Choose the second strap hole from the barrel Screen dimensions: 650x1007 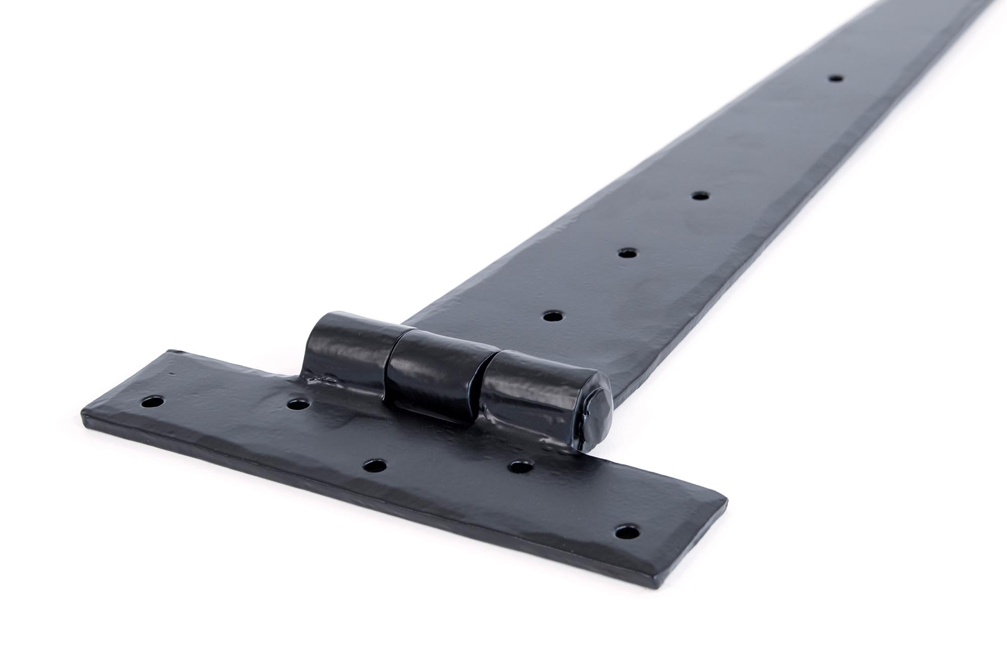(x=626, y=253)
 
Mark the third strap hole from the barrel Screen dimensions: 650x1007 (x=699, y=195)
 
